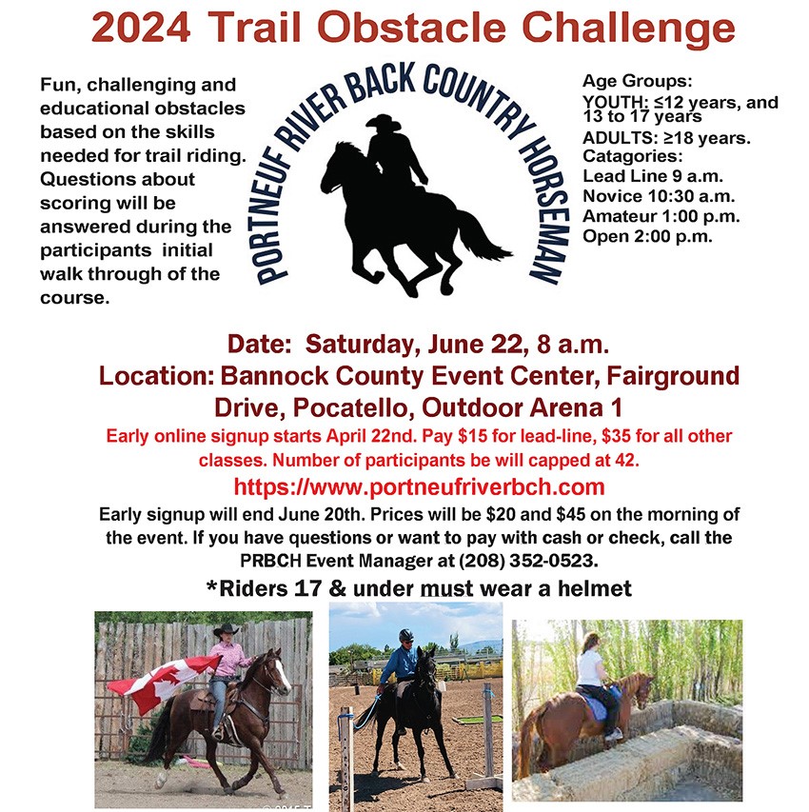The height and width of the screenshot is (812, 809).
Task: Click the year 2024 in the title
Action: (142, 28)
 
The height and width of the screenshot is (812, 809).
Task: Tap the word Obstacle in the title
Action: (412, 28)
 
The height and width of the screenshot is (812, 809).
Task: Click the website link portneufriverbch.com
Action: (420, 486)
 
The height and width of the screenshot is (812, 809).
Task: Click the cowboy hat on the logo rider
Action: (384, 122)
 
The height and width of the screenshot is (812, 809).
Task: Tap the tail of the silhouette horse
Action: (484, 236)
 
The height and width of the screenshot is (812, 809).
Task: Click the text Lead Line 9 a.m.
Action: (653, 176)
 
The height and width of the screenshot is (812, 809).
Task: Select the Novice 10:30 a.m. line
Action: (659, 196)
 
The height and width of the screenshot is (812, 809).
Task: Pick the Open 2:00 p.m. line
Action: (647, 236)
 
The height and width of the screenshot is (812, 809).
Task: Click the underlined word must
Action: (446, 589)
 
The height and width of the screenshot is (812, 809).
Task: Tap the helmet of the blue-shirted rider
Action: (406, 635)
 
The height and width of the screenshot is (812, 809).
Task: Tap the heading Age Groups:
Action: (637, 81)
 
